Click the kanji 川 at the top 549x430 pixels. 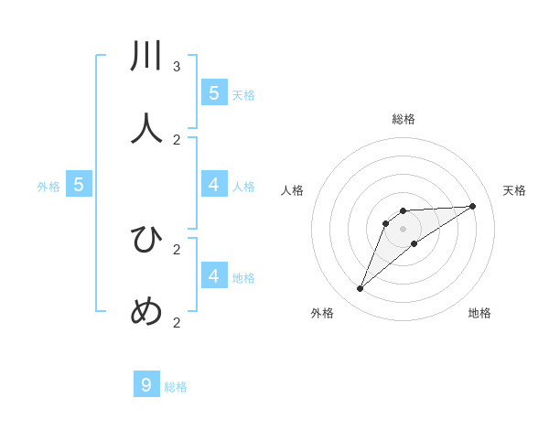tap(147, 57)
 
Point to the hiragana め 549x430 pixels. tap(147, 312)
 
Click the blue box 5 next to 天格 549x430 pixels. tap(214, 93)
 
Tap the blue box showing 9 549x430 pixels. tap(146, 385)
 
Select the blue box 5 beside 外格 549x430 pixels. tap(79, 185)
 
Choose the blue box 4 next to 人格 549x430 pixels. tap(214, 185)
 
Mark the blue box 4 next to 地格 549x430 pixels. tap(214, 275)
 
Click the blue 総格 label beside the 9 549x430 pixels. tap(176, 387)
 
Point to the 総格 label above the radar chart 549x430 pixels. tap(404, 119)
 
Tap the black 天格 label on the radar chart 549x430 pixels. tap(514, 190)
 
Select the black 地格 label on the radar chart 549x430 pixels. tap(479, 313)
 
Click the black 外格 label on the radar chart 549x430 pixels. tap(322, 313)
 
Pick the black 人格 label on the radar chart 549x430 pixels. tap(293, 190)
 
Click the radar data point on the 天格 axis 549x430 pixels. tap(472, 206)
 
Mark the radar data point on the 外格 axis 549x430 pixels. tap(361, 289)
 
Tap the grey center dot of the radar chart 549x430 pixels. tap(404, 229)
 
